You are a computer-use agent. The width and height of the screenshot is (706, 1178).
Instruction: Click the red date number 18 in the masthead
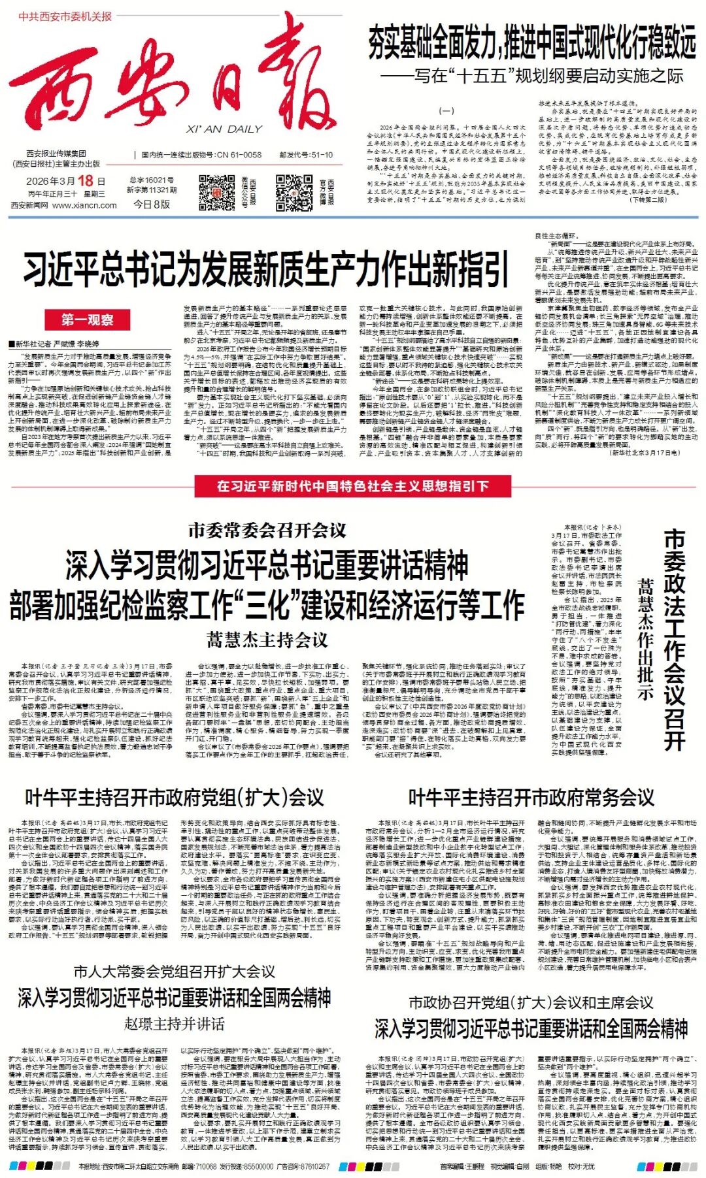[x=85, y=180]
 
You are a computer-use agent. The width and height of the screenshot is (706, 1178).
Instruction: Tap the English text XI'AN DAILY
[x=224, y=129]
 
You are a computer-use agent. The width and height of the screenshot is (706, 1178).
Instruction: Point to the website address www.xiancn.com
[x=84, y=205]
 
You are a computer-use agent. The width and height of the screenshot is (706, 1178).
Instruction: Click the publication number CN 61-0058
[x=201, y=155]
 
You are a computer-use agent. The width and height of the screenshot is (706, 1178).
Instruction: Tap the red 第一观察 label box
[x=88, y=319]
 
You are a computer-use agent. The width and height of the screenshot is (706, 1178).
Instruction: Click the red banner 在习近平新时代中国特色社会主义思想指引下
[x=353, y=485]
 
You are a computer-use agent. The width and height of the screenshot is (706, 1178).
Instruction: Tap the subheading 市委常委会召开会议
[x=267, y=530]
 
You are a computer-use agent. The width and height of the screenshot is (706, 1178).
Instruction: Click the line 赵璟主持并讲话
[x=174, y=1024]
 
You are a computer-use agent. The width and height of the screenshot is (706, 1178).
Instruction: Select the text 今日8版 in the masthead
[x=152, y=204]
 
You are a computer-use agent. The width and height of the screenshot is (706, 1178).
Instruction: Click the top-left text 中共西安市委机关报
[x=65, y=16]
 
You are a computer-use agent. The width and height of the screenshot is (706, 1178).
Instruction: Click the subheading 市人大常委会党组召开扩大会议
[x=174, y=972]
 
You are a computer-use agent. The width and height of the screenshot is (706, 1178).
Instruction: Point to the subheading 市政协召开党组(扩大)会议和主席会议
[x=531, y=1002]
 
